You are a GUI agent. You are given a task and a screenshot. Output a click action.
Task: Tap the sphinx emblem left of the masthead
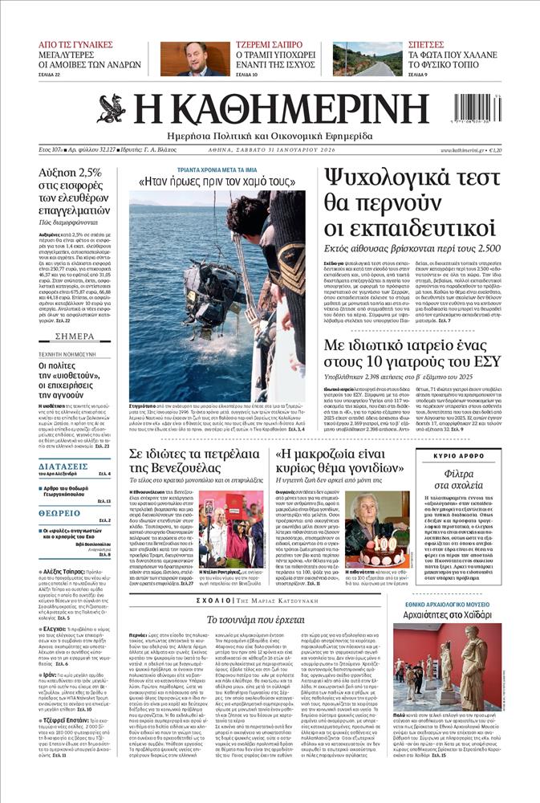pyautogui.click(x=111, y=108)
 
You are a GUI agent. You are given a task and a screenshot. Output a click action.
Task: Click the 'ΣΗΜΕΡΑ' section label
pyautogui.click(x=76, y=336)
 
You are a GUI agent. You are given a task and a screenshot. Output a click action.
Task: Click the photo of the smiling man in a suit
pyautogui.click(x=194, y=59)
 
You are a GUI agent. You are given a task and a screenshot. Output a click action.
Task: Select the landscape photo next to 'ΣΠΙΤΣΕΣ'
pyautogui.click(x=367, y=59)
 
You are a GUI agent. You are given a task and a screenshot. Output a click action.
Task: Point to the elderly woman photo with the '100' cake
pyautogui.click(x=377, y=529)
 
